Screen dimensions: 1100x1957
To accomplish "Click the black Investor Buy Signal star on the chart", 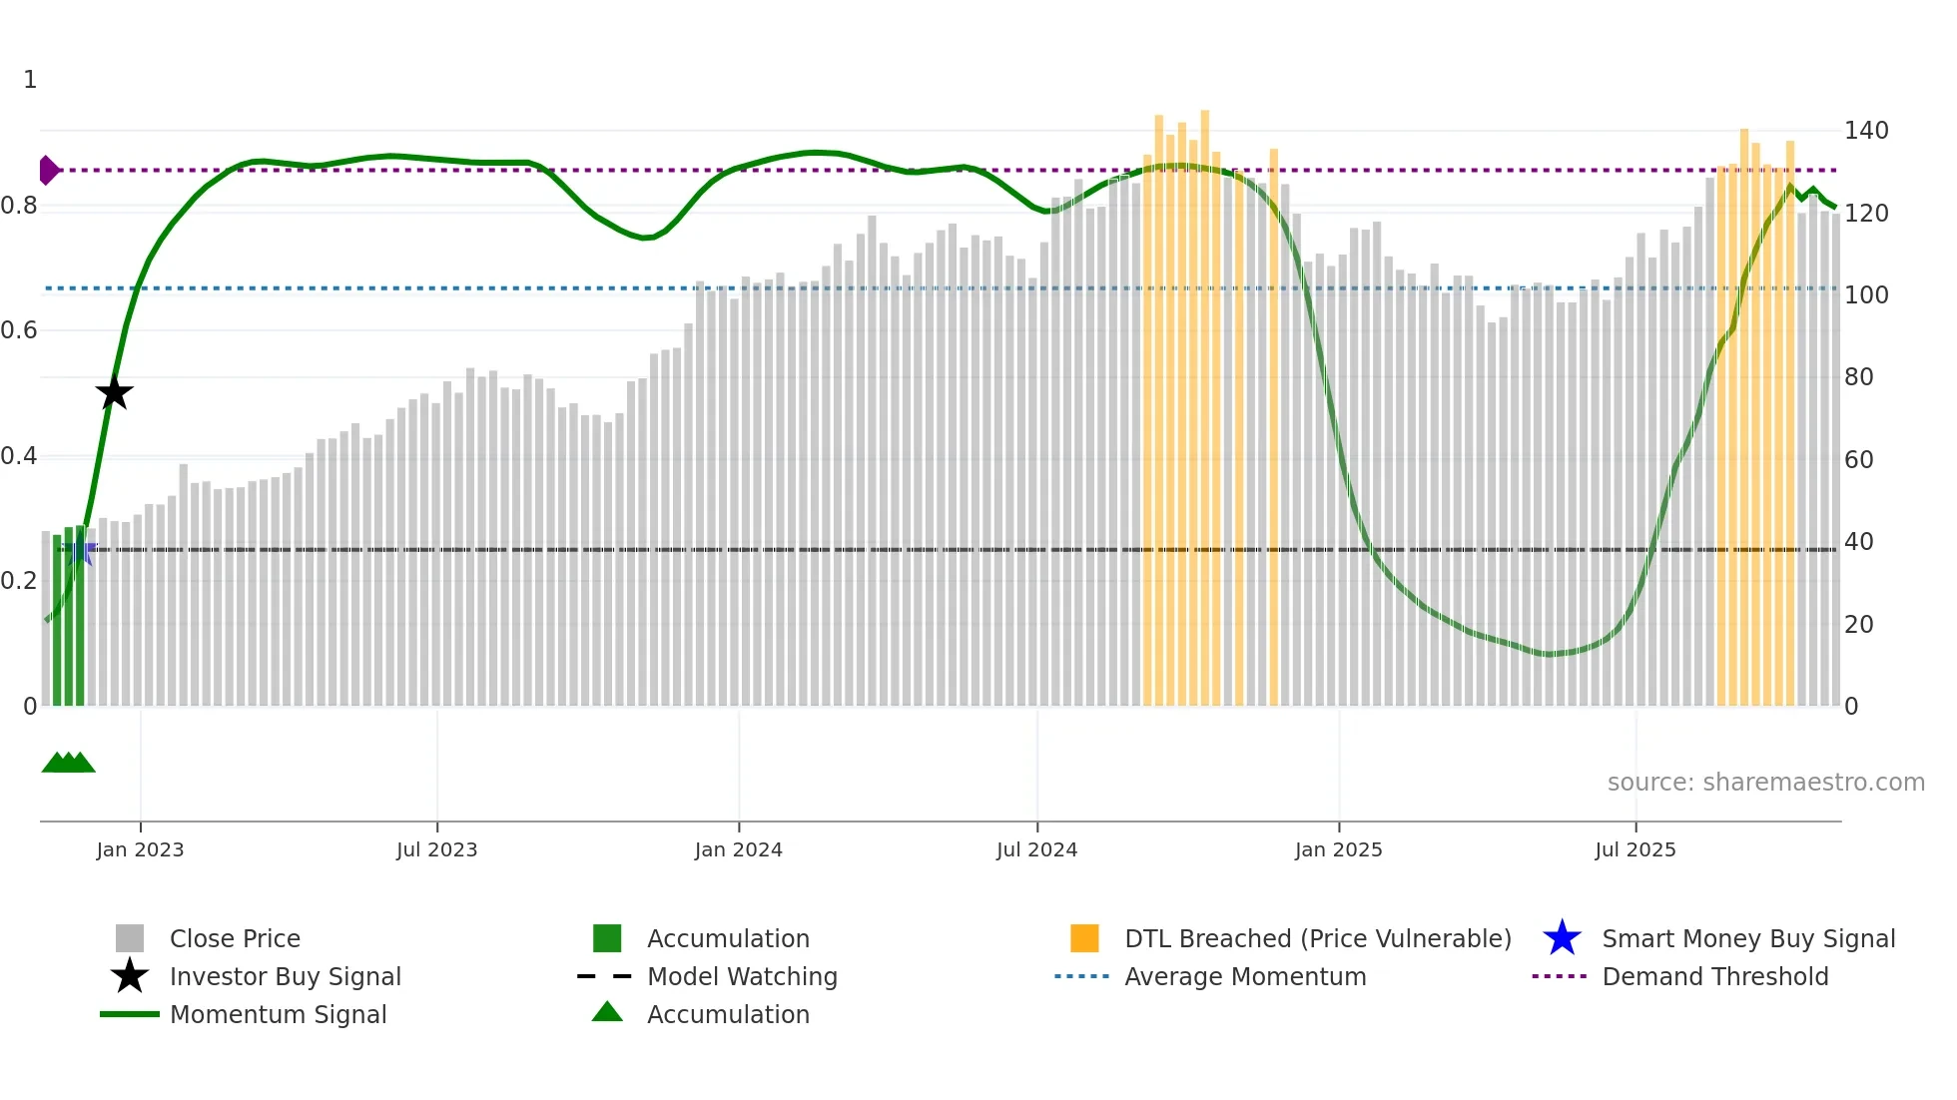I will coord(115,392).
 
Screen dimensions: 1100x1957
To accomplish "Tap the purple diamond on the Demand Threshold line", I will coord(48,171).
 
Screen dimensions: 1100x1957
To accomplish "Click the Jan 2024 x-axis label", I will coord(738,849).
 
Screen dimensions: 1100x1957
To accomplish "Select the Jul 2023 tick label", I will coord(436,849).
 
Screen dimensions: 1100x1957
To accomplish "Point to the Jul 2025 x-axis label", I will coord(1634,849).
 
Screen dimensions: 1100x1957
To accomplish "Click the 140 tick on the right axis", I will coord(1865,131).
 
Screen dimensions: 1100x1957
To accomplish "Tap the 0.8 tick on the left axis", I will coord(19,206).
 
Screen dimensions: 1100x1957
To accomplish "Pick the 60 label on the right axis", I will coord(1858,460).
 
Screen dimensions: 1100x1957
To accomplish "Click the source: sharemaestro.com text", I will coord(1765,783).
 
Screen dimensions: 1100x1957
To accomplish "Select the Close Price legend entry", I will coord(235,938).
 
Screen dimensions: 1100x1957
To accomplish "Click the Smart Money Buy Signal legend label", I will coord(1747,938).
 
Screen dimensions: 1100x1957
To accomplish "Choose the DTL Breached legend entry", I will coord(1317,938).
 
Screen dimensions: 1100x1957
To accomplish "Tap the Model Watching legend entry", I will coord(741,976).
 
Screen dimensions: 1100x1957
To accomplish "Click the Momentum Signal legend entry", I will coord(278,1014).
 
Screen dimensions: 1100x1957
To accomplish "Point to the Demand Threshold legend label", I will coord(1714,976).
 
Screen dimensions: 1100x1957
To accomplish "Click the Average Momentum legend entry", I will coord(1244,976).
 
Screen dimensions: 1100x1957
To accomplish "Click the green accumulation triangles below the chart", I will coord(68,763).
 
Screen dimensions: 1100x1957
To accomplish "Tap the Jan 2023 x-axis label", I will coord(140,849).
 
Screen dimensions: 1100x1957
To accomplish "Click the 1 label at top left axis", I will coord(30,80).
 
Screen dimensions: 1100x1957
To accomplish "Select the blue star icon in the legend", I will coord(1562,938).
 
